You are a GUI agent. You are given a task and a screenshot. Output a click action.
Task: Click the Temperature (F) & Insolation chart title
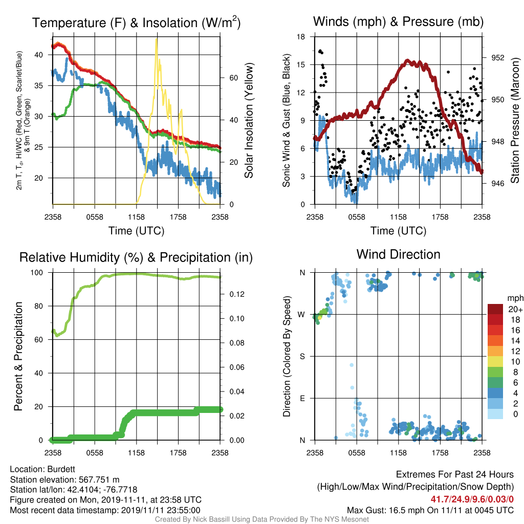pos(136,23)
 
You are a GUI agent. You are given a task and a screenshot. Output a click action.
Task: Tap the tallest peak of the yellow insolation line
pos(156,39)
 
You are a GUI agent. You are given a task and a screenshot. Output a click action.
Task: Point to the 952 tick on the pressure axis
pos(497,58)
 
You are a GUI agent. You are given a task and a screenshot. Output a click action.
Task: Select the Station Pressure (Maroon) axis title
pos(515,120)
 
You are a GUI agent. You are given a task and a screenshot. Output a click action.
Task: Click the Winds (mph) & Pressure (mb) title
pos(398,21)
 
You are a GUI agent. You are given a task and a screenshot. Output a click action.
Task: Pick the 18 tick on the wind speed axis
pos(301,37)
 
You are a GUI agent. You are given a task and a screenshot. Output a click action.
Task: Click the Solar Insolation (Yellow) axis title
pos(249,120)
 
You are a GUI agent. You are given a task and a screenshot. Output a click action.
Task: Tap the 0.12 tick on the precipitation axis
pos(237,294)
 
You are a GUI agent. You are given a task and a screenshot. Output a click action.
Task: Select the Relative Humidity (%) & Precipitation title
pos(136,258)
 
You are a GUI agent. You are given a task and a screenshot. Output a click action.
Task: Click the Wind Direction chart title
pos(398,254)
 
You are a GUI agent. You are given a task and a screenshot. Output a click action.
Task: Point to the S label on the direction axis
pos(302,357)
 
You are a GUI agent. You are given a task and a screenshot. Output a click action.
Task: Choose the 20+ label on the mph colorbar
pos(515,310)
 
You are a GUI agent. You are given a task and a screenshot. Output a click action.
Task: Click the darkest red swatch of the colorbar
pos(495,309)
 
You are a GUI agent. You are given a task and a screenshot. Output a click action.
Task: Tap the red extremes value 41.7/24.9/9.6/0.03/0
pos(472,499)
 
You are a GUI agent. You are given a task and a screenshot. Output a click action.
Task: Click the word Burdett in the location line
pos(61,469)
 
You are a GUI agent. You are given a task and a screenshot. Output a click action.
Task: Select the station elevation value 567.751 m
pos(99,479)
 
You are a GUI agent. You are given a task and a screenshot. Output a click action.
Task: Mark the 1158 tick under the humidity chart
pos(136,453)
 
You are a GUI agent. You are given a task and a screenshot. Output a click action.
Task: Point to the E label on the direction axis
pos(302,398)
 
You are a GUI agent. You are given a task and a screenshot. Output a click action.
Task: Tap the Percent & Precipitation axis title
pos(18,356)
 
